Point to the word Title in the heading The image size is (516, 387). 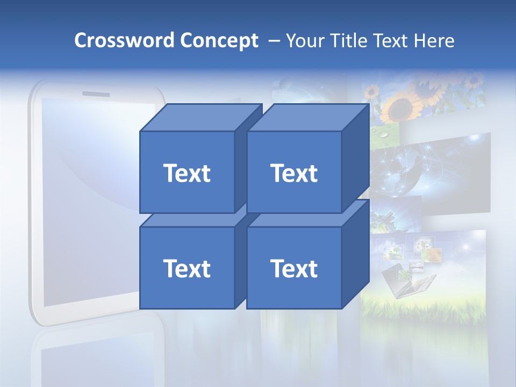pyautogui.click(x=350, y=41)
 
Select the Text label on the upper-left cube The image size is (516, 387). pyautogui.click(x=187, y=173)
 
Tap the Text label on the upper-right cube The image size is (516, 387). pyautogui.click(x=294, y=173)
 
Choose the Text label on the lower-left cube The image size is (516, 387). pyautogui.click(x=187, y=268)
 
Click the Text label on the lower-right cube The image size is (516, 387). pyautogui.click(x=294, y=268)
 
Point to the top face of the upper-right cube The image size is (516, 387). pyautogui.click(x=308, y=118)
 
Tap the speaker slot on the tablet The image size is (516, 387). pyautogui.click(x=96, y=95)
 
